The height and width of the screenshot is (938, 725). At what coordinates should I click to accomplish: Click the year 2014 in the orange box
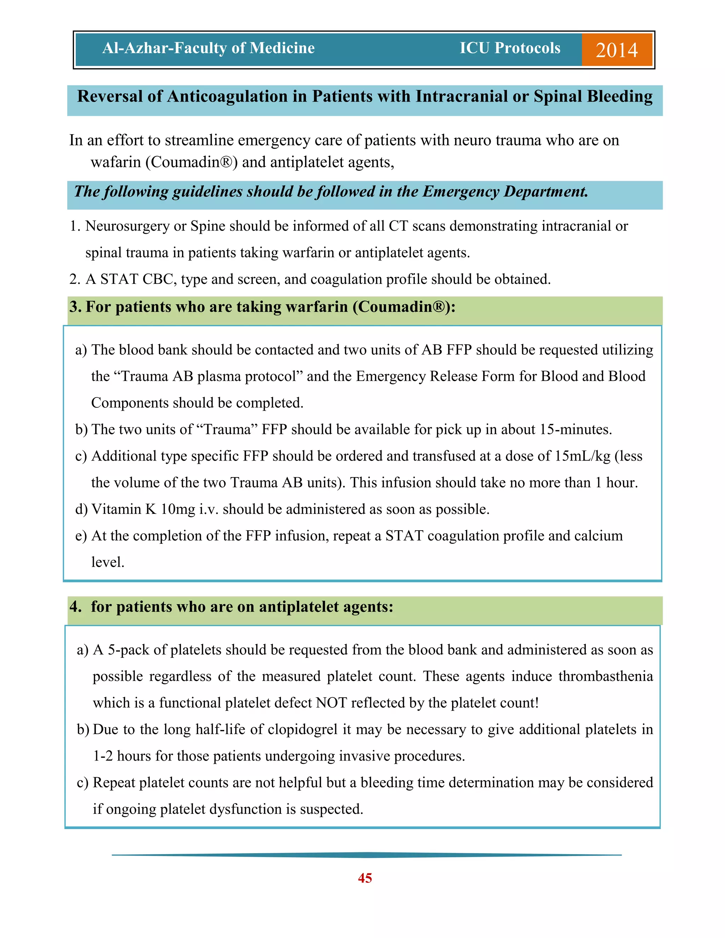616,50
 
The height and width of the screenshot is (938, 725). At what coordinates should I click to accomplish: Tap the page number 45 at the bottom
365,878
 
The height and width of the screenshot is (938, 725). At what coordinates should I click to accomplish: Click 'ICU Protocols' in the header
510,48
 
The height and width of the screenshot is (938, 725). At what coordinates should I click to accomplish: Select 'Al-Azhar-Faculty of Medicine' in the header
208,48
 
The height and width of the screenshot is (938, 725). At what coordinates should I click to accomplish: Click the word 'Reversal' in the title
109,96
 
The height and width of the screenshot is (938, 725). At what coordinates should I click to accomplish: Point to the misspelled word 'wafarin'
115,162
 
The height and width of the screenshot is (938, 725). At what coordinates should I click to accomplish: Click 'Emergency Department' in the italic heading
505,191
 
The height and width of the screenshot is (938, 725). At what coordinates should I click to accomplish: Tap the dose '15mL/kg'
582,456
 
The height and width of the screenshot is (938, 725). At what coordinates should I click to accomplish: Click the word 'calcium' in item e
598,536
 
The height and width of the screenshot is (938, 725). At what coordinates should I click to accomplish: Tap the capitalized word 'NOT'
331,703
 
